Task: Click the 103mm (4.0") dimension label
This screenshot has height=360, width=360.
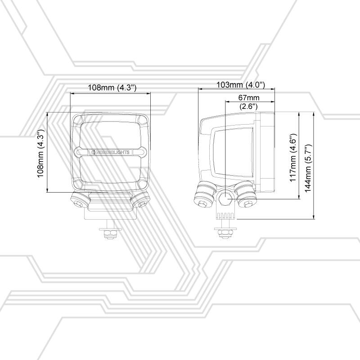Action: pyautogui.click(x=241, y=85)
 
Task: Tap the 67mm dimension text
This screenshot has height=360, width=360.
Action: pyautogui.click(x=249, y=98)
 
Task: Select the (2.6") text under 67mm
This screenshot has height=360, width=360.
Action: pyautogui.click(x=248, y=106)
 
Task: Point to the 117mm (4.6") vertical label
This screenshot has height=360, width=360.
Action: pyautogui.click(x=293, y=157)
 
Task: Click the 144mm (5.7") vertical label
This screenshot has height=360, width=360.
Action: pyautogui.click(x=308, y=168)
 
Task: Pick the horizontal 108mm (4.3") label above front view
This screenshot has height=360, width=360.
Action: pyautogui.click(x=112, y=87)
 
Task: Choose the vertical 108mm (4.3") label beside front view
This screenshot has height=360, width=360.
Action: pyautogui.click(x=40, y=153)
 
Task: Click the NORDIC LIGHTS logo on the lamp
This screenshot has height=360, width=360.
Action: pyautogui.click(x=110, y=152)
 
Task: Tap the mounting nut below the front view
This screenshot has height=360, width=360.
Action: pyautogui.click(x=110, y=234)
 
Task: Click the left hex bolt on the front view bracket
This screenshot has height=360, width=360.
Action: pyautogui.click(x=77, y=203)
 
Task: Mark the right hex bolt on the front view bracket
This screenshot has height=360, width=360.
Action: pyautogui.click(x=142, y=203)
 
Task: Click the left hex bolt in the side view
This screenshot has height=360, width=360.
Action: pyautogui.click(x=202, y=203)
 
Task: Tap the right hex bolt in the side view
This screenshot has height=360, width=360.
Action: pyautogui.click(x=248, y=203)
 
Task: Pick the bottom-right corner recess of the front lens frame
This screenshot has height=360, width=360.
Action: pyautogui.click(x=143, y=184)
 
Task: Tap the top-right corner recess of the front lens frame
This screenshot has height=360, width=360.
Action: pyautogui.click(x=142, y=119)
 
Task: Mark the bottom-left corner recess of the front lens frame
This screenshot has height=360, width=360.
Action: pyautogui.click(x=78, y=184)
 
